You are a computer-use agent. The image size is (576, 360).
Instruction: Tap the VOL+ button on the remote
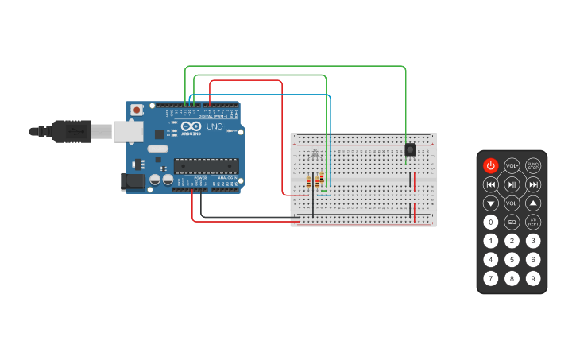[x=512, y=165]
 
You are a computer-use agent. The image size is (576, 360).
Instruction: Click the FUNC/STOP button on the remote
[x=533, y=165]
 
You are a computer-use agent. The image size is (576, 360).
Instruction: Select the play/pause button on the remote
[x=512, y=184]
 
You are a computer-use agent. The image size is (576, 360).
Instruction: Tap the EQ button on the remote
[x=512, y=223]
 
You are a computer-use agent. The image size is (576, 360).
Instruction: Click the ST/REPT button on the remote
[x=533, y=223]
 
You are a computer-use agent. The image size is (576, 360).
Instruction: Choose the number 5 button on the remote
[x=512, y=260]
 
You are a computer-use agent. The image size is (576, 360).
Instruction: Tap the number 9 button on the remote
[x=533, y=278]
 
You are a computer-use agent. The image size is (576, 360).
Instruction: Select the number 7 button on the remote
[x=491, y=278]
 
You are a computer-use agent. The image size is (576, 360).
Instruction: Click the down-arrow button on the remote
[x=491, y=203]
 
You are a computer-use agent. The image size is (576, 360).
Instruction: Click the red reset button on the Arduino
[x=137, y=110]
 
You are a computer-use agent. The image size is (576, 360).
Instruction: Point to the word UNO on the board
[x=215, y=126]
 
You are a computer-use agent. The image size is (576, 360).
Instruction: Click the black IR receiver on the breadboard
[x=410, y=149]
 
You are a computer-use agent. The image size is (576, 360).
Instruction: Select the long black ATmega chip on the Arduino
[x=207, y=166]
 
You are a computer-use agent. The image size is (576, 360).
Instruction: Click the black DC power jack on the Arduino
[x=133, y=182]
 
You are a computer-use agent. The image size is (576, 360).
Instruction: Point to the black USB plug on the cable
[x=72, y=131]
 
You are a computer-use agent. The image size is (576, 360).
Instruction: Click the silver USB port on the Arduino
[x=127, y=131]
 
